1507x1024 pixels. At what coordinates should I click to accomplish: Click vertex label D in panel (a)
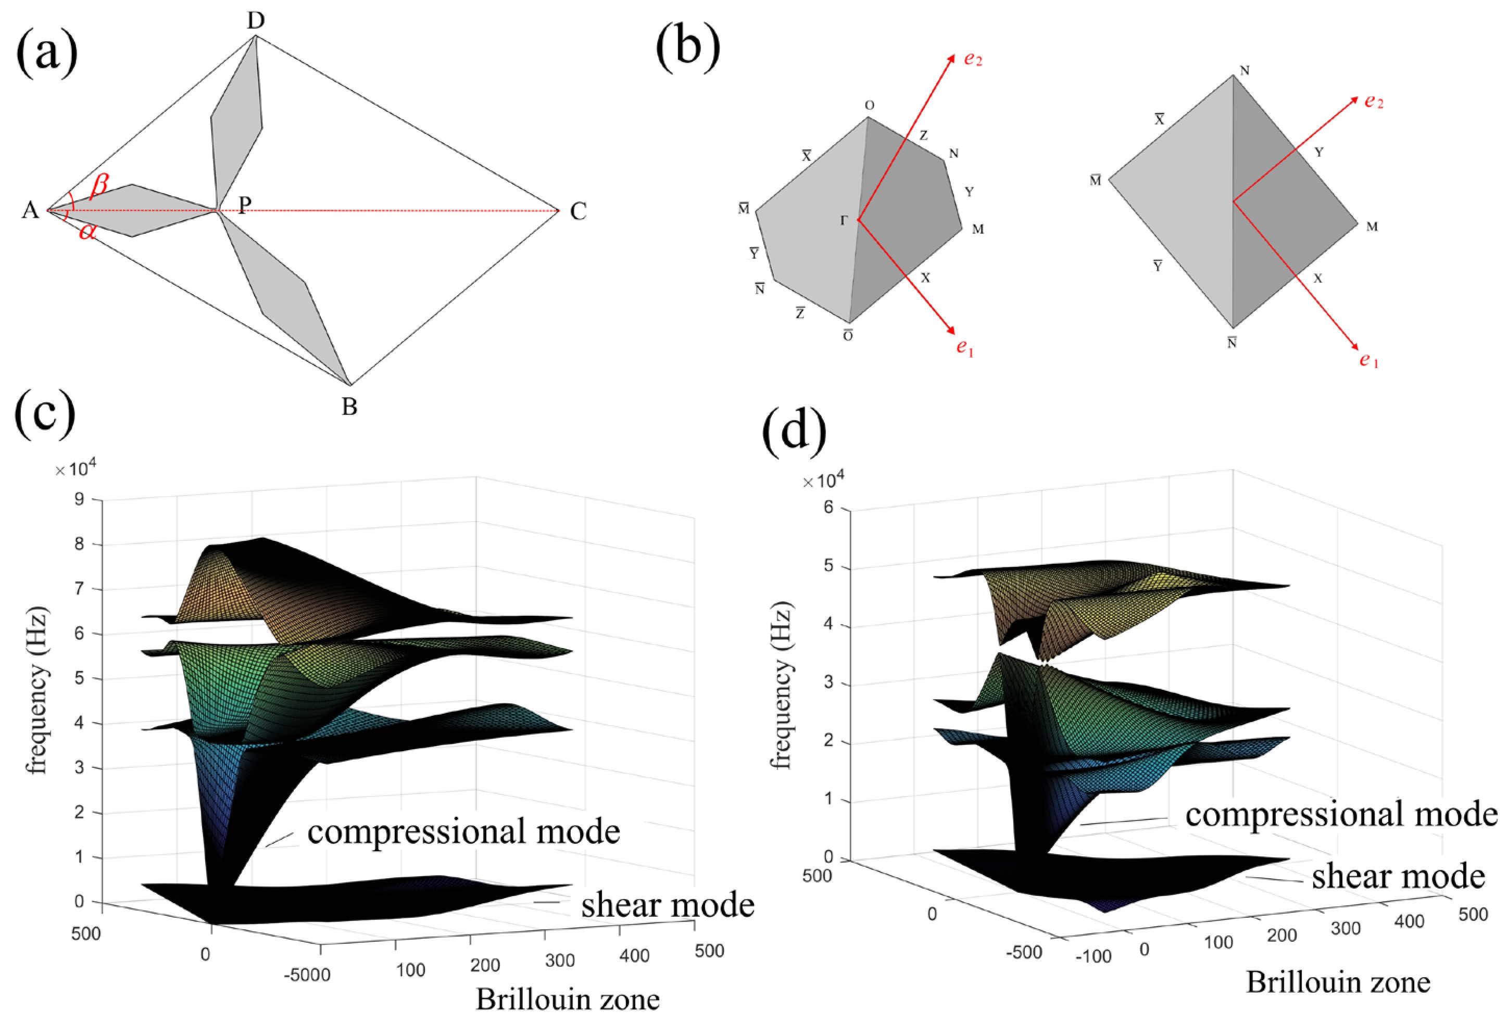[256, 21]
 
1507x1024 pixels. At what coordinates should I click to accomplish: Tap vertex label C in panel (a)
[578, 212]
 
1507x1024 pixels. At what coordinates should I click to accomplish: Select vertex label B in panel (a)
[349, 407]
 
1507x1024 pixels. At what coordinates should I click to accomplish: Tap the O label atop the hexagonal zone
[870, 106]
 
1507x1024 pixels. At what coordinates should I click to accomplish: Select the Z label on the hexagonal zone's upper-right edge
[923, 135]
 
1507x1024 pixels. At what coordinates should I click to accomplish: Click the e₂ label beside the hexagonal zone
[973, 60]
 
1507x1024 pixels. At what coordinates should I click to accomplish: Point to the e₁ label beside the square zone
[1369, 360]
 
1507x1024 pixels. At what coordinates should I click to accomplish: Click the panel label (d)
[794, 429]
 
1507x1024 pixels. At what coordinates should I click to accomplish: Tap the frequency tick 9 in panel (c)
[80, 500]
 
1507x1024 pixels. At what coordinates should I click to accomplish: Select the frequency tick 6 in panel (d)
[828, 509]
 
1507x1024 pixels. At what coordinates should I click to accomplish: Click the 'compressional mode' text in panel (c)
[463, 831]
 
